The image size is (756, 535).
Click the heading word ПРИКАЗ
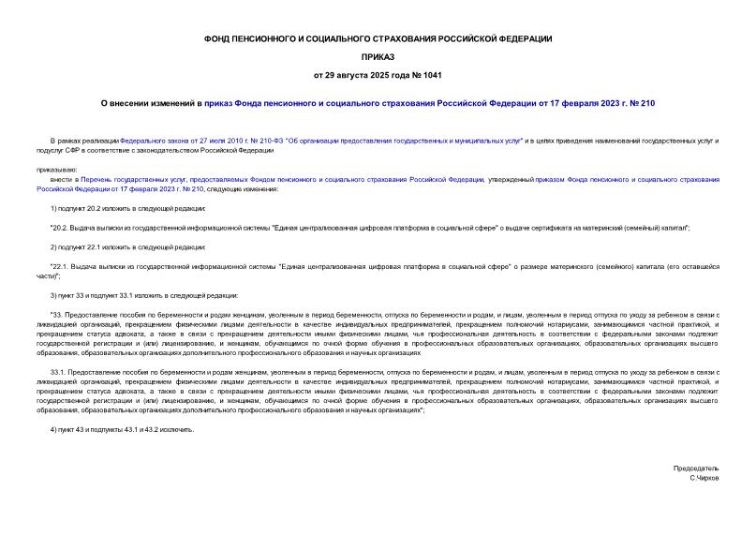(x=378, y=56)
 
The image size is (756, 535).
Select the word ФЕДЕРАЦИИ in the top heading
(x=525, y=38)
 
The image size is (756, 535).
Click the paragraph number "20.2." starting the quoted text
(x=62, y=228)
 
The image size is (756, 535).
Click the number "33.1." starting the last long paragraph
(x=61, y=371)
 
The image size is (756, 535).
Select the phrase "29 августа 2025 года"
(x=367, y=74)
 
